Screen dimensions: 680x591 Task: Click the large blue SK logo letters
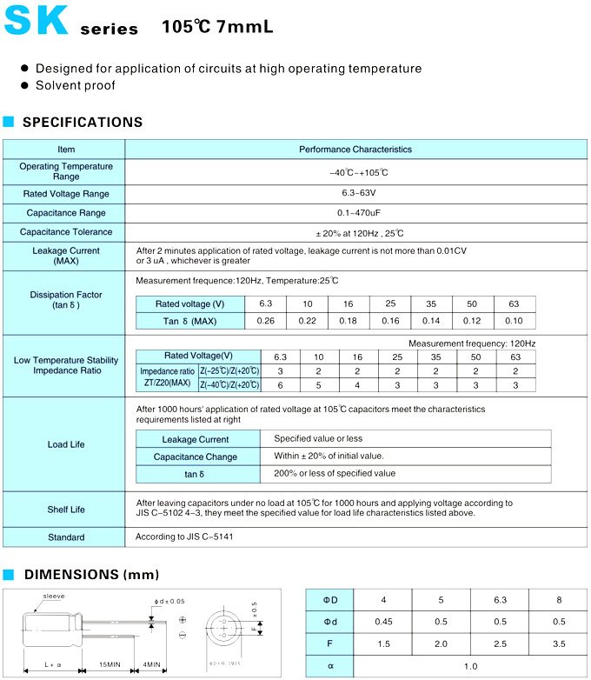click(x=36, y=21)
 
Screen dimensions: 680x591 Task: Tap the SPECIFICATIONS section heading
click(x=83, y=123)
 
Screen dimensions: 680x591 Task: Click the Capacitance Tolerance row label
click(x=66, y=232)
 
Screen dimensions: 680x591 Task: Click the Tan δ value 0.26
click(x=266, y=321)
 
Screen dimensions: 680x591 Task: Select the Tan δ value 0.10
click(x=515, y=321)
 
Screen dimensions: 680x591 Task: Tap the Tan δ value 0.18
click(x=349, y=321)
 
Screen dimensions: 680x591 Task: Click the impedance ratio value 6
click(x=280, y=385)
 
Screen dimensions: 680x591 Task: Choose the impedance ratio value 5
click(x=319, y=385)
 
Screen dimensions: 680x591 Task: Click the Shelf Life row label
click(x=66, y=510)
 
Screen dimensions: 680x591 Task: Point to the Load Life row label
click(x=66, y=444)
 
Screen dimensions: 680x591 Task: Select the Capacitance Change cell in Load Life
click(x=196, y=457)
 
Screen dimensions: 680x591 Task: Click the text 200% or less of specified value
click(x=335, y=474)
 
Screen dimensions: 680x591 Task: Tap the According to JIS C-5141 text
click(x=184, y=537)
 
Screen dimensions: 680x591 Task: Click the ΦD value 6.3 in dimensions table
click(x=499, y=601)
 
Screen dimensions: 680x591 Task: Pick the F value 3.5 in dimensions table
click(x=558, y=644)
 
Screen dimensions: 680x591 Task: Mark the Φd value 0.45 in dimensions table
click(x=383, y=623)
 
